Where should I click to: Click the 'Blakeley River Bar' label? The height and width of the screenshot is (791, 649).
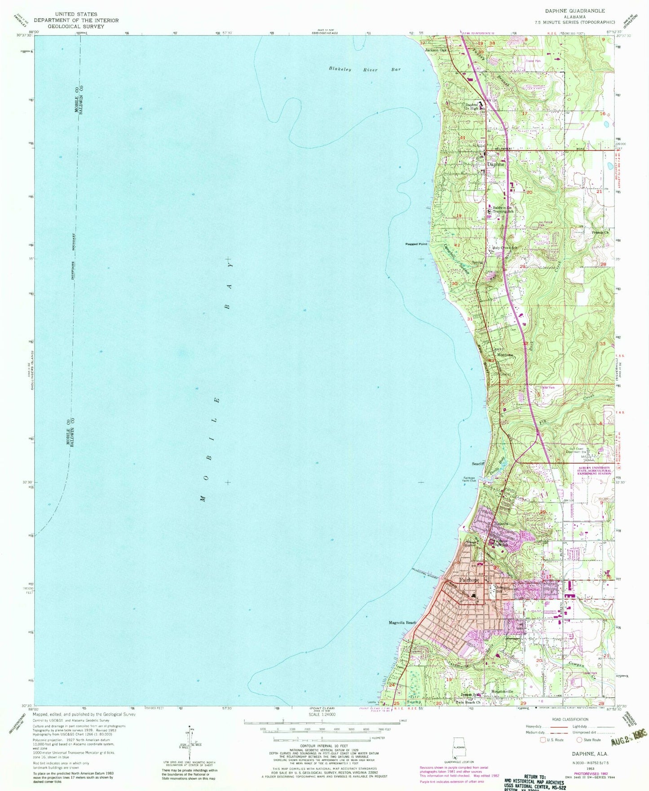pos(364,70)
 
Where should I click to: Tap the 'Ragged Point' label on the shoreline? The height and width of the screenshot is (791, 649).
pos(416,244)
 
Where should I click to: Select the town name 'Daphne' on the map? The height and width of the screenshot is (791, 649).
pos(496,164)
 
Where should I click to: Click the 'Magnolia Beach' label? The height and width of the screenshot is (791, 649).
pos(402,623)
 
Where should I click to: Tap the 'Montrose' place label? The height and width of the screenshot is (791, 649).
pos(504,355)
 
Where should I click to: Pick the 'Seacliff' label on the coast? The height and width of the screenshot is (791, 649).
pos(477,464)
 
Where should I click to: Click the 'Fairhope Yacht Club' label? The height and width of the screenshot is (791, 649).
pos(469,479)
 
